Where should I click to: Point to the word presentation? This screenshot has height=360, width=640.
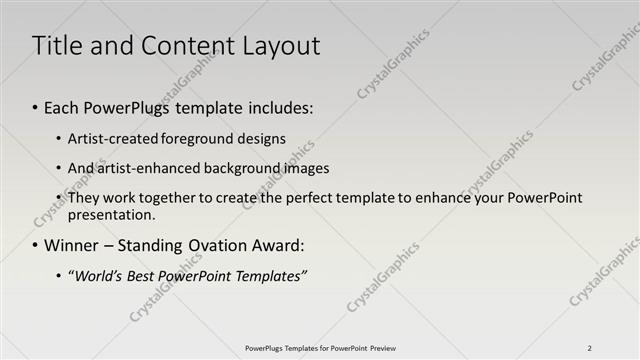[x=110, y=214]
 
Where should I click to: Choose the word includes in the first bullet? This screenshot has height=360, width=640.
[x=279, y=106]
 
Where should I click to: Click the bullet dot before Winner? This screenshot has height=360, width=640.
[x=36, y=245]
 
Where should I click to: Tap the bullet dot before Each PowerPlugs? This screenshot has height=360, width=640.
[x=36, y=106]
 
